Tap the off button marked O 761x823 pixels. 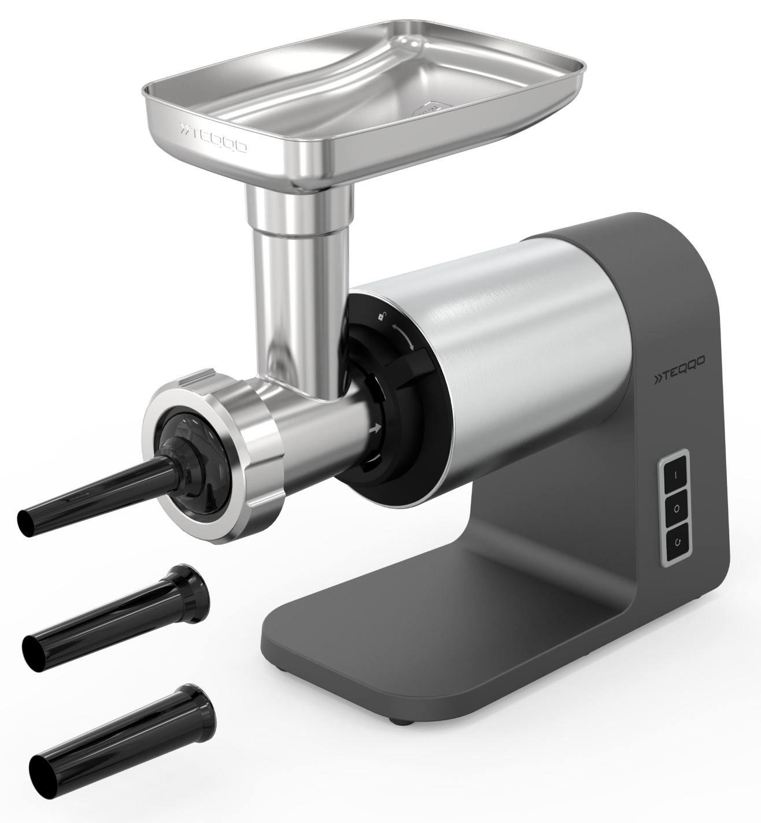677,509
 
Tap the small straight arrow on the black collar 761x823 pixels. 375,429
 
